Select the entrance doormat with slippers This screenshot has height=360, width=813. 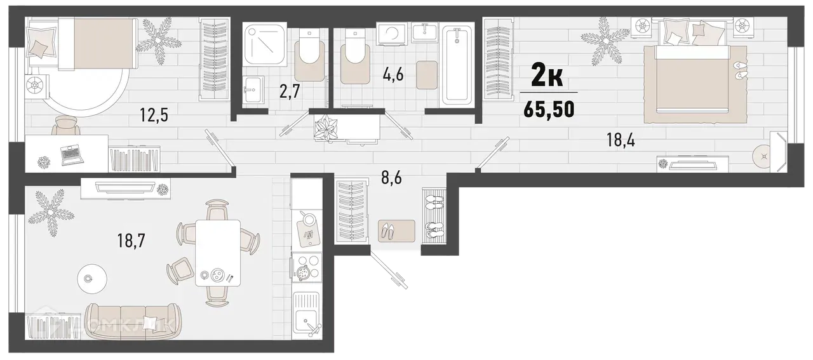(x=396, y=230)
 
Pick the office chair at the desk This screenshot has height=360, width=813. (x=63, y=126)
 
